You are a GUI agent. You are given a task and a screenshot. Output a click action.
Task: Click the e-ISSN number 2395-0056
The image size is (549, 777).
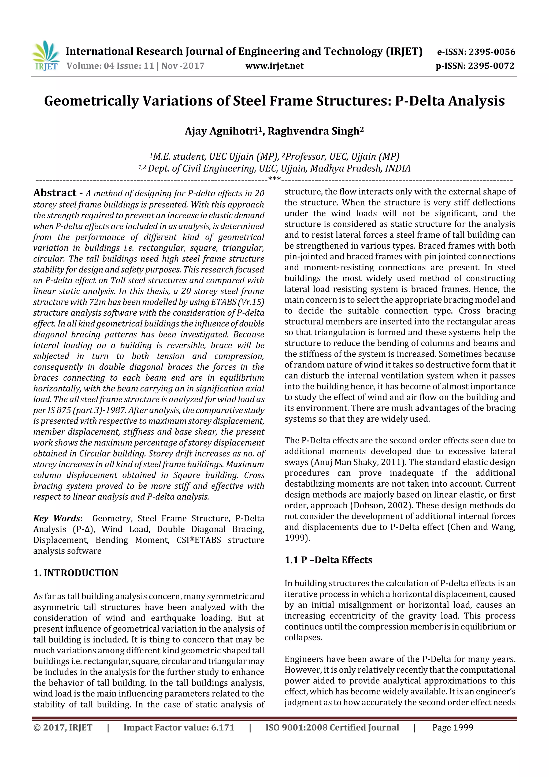coord(491,52)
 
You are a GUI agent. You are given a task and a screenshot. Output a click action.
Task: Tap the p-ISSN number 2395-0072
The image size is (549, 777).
coord(491,66)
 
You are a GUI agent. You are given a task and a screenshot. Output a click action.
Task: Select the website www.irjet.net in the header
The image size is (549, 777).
coord(274,66)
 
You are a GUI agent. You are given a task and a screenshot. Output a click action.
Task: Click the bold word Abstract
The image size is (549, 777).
coord(55,193)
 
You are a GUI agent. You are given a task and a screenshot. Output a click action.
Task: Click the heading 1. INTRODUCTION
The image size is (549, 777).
coord(76,573)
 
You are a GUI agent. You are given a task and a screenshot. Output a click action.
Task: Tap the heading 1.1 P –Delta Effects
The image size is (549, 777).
coord(328,560)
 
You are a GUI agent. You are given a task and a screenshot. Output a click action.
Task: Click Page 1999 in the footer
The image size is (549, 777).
coord(452,727)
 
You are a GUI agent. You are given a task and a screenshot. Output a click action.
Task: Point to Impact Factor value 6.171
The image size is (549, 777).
coord(179,727)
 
